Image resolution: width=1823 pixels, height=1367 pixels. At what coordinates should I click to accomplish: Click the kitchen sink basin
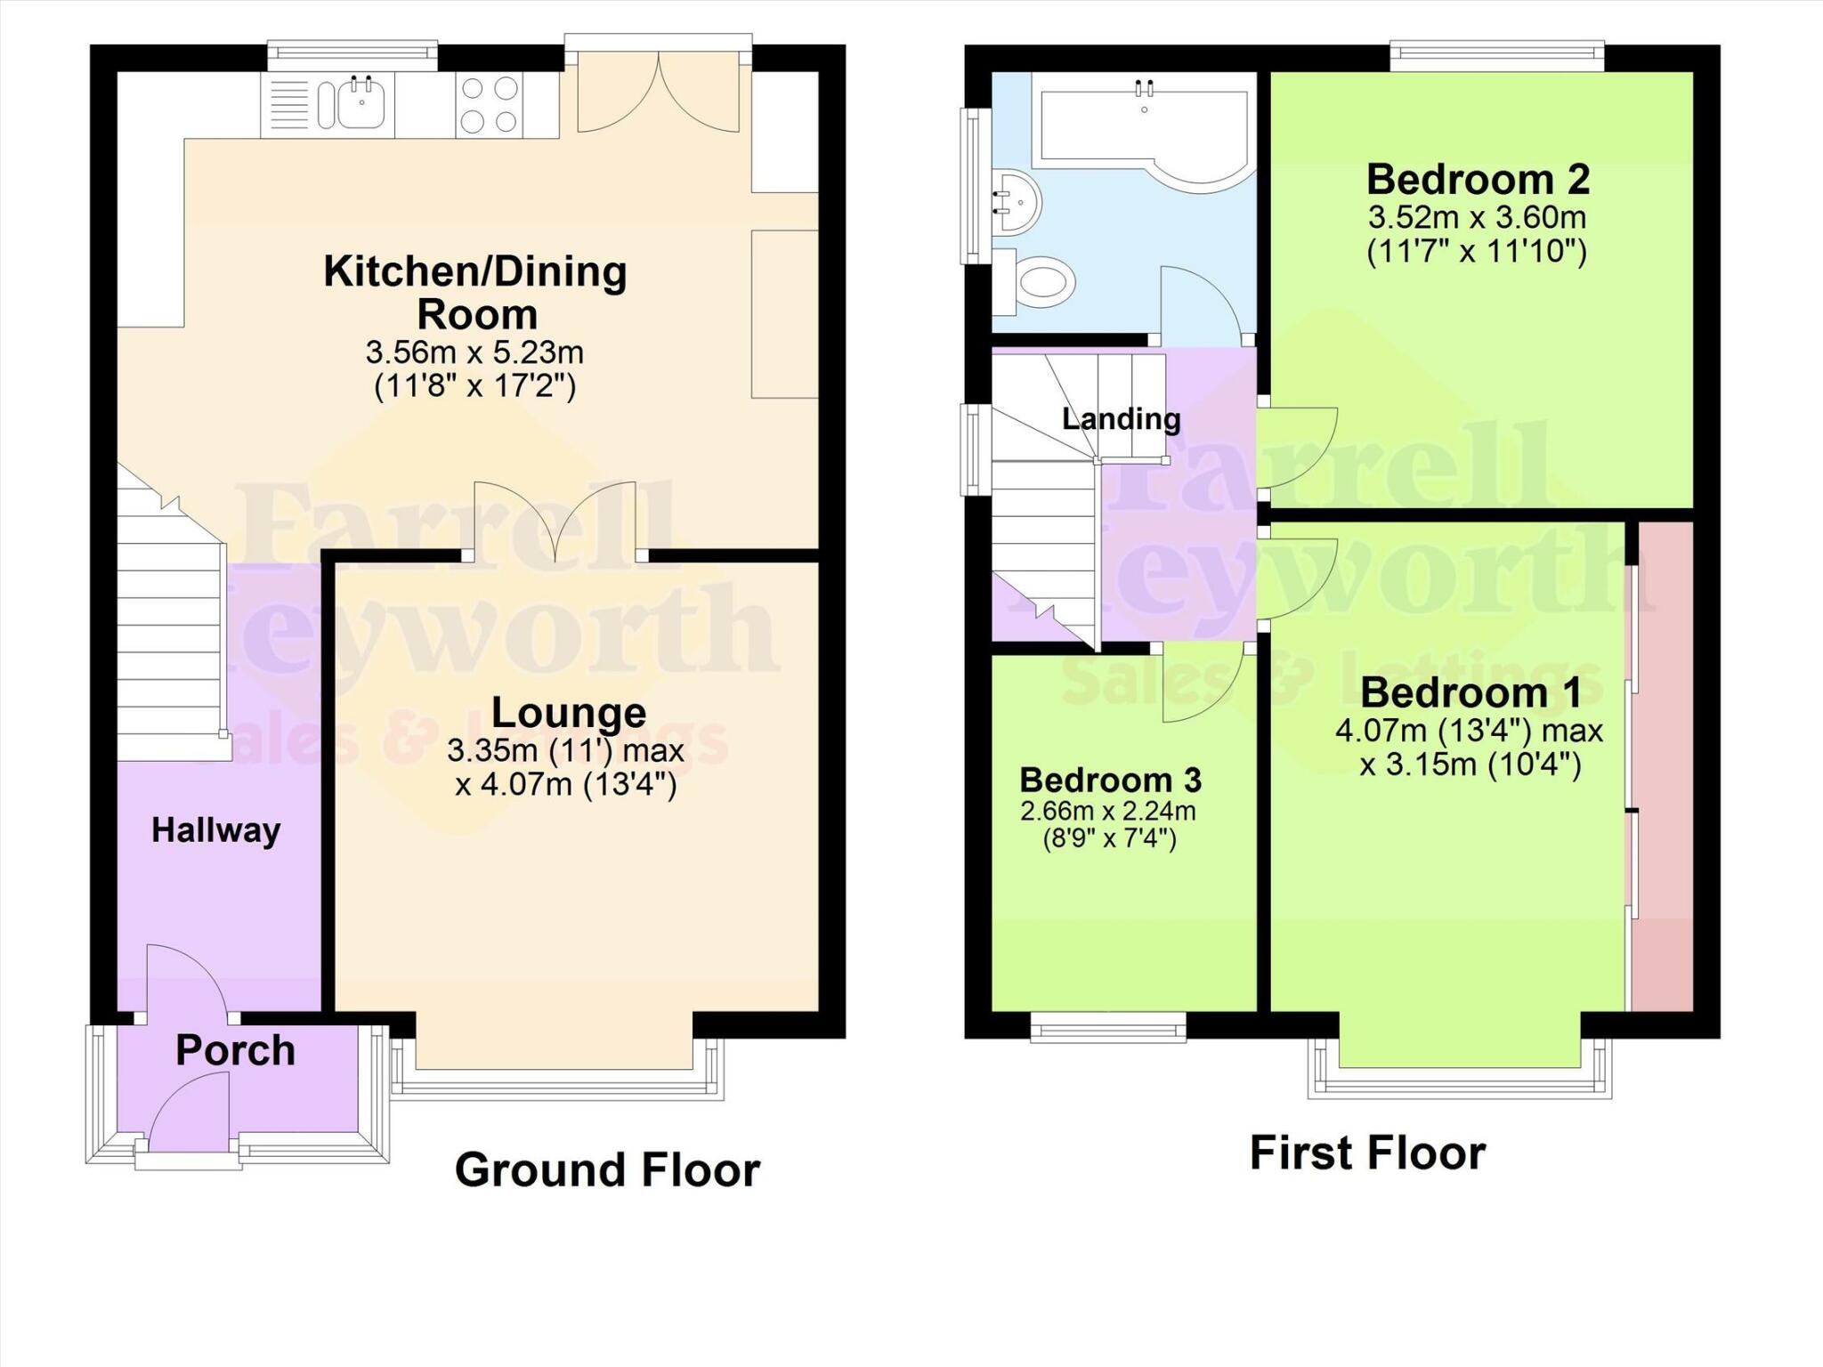tap(361, 104)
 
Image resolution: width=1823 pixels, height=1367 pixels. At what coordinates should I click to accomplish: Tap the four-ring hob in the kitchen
tap(490, 105)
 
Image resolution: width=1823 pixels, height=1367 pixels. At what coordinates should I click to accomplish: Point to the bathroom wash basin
tap(1016, 200)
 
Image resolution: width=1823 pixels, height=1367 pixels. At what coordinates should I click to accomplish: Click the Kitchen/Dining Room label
tap(475, 293)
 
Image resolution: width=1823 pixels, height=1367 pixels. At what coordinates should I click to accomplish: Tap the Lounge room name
tap(569, 713)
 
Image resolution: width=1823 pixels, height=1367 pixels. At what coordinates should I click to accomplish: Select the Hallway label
tap(216, 830)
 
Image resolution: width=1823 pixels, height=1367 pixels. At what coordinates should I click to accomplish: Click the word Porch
tap(235, 1051)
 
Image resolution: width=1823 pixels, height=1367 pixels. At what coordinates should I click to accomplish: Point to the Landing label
tap(1121, 418)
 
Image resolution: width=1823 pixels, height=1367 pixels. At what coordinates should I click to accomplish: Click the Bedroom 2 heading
tap(1478, 180)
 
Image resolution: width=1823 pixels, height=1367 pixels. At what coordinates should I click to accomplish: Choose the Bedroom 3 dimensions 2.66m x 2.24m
tap(1108, 811)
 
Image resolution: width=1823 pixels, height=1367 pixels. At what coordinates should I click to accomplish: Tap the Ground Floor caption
tap(607, 1169)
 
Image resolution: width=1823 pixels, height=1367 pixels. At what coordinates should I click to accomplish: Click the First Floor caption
tap(1367, 1153)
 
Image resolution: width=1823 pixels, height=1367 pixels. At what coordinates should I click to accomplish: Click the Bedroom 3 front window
tap(1108, 1030)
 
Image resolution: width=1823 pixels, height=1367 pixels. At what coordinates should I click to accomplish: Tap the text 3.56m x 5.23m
tap(474, 352)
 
